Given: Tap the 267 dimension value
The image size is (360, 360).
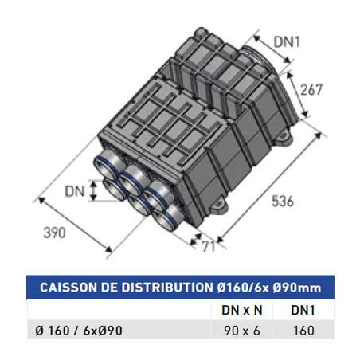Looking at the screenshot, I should pos(312,89).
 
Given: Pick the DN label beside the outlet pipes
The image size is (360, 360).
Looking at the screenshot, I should pos(76,191).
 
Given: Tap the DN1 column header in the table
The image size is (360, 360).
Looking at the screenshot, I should pos(301,310).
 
